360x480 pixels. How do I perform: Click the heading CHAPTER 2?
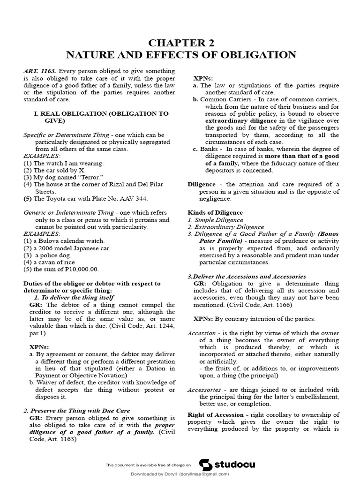[180, 43]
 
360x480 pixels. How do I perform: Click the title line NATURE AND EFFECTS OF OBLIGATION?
[180, 55]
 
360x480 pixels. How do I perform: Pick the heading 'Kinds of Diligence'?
[215, 213]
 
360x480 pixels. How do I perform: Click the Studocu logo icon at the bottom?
[205, 465]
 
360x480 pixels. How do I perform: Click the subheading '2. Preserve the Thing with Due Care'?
[77, 411]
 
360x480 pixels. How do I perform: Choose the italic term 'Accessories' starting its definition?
[203, 390]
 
